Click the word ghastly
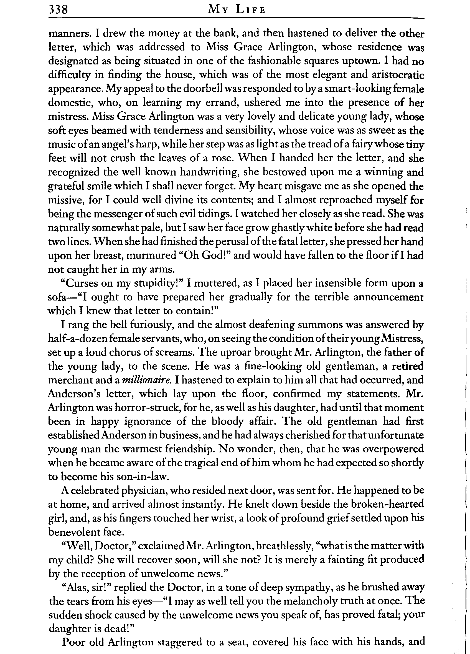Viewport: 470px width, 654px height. [x=289, y=228]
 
